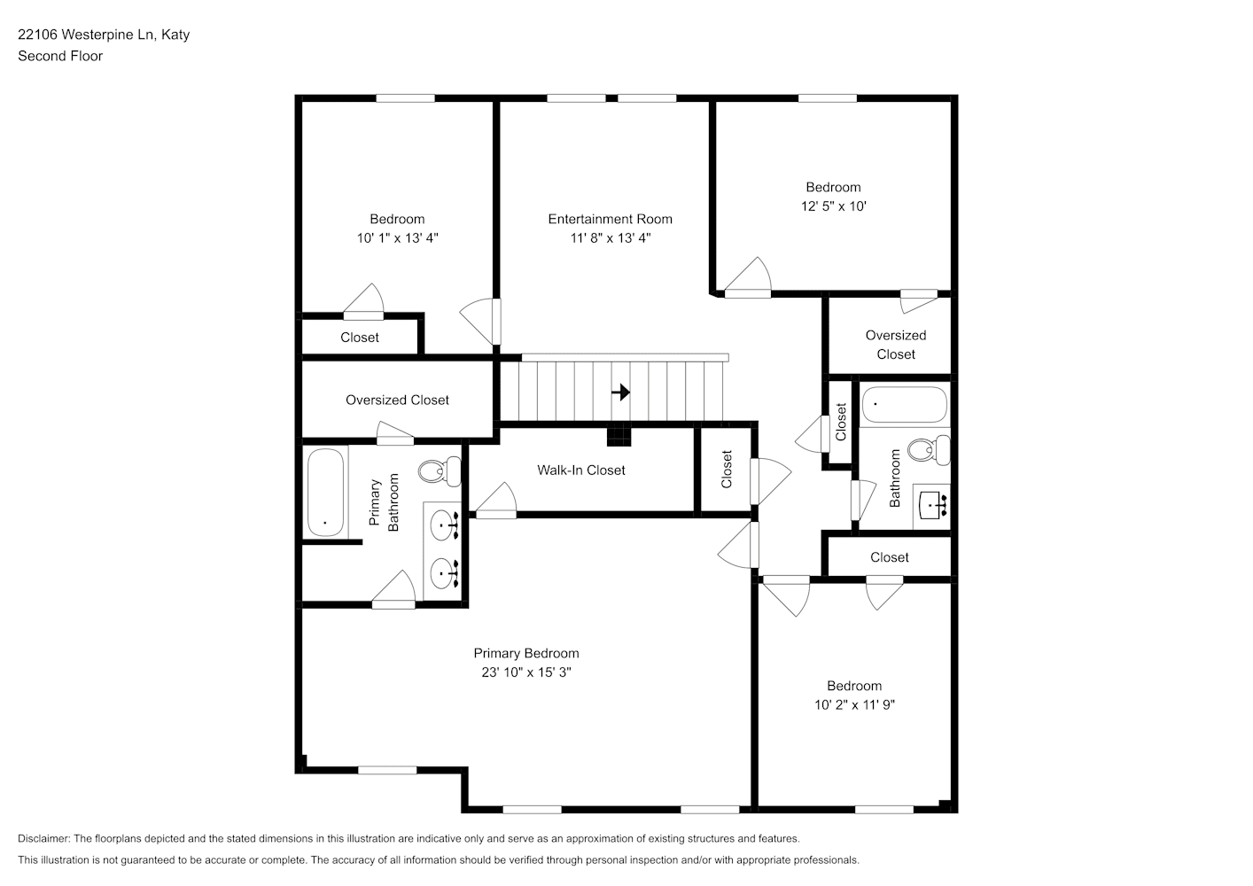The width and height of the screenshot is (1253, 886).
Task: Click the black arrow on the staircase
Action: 620,392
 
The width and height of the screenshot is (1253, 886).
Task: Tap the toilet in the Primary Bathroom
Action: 440,471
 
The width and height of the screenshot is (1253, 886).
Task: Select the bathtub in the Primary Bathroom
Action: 325,493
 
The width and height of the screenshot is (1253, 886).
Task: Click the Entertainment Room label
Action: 610,219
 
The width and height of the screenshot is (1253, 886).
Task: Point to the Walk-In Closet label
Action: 580,470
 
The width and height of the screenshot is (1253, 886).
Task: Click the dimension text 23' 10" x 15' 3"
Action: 525,672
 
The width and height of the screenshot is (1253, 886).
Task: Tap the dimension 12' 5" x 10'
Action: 834,206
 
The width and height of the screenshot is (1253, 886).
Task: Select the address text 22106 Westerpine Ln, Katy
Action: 104,35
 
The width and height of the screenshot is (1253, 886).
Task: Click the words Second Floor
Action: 60,56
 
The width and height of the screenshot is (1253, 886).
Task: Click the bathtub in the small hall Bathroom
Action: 905,404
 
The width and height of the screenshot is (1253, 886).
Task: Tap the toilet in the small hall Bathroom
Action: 929,450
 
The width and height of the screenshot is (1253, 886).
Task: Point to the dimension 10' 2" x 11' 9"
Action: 854,704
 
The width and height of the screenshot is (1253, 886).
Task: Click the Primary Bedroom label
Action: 525,653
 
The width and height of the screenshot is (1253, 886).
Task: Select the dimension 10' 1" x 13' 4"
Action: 397,238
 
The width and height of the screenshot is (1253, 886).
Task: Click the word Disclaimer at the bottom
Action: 43,838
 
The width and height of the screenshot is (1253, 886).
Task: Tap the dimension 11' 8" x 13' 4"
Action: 611,238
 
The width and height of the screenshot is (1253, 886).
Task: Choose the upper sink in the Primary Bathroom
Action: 445,525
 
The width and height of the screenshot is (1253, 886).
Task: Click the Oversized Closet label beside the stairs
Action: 397,400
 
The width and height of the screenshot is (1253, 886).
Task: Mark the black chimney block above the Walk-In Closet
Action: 619,436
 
